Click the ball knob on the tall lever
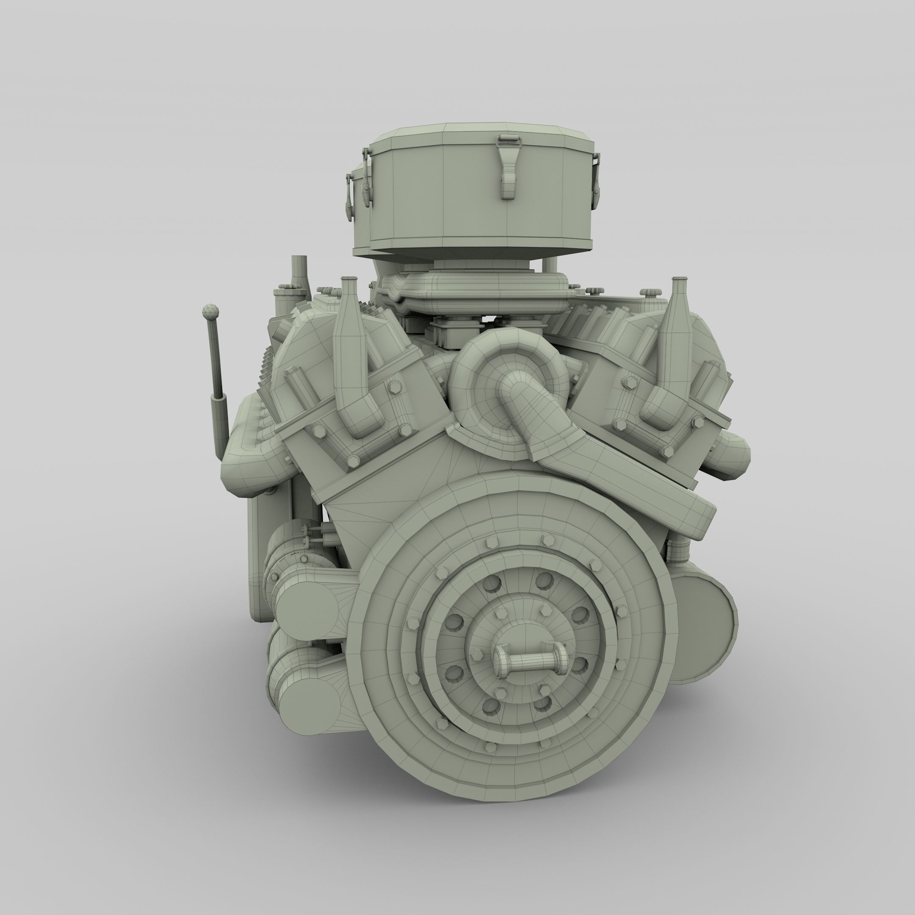210,312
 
